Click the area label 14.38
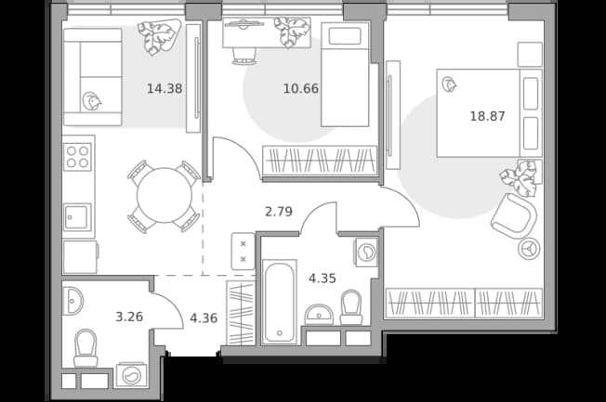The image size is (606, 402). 165,89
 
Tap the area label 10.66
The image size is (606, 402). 301,89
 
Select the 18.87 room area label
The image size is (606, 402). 487,116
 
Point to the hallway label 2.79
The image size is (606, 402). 279,212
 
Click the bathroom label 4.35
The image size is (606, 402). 323,278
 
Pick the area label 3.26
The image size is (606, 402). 129,317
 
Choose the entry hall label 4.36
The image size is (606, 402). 204,318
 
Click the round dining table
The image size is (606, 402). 165,195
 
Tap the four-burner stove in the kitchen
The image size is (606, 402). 78,157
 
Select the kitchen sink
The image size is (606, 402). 78,217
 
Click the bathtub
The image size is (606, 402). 279,302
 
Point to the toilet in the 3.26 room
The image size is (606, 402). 86,347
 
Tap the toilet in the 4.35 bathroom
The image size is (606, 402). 351,307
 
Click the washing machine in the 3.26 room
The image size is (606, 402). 131,375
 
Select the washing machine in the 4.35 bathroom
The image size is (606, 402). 365,253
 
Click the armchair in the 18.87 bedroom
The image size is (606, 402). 514,216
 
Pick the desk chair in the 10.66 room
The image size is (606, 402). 244,56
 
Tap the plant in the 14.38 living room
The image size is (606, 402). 159,37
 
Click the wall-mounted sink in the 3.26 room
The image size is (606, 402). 72,301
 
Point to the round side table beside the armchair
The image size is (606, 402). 528,248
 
